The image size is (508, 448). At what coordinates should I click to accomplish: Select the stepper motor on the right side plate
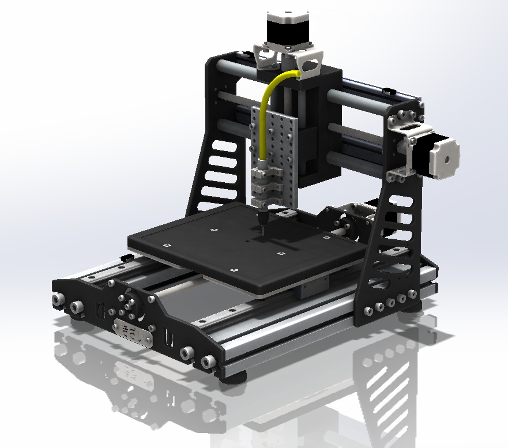click(x=442, y=155)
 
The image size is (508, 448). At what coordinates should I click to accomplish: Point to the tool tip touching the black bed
click(x=261, y=231)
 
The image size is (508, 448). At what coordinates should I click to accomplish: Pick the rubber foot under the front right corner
click(x=235, y=377)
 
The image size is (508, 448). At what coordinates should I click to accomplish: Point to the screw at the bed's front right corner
click(x=234, y=269)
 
